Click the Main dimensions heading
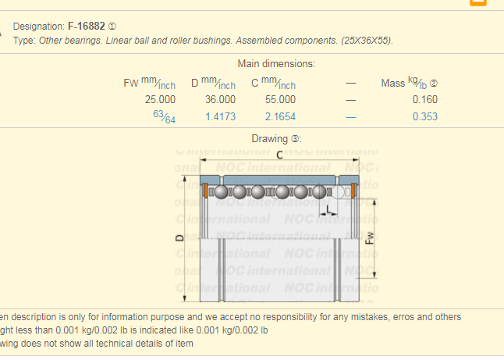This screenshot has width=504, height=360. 275,63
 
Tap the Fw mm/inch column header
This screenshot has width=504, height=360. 149,83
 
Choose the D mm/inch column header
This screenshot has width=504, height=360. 213,83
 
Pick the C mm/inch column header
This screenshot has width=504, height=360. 273,83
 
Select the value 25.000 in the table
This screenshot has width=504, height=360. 160,99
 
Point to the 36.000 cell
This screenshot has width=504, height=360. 220,99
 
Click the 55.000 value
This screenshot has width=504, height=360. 280,99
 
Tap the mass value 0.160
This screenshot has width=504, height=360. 424,99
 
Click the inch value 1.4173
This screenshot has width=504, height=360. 220,116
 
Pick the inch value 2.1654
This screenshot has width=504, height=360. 280,116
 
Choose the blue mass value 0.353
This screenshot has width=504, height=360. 424,116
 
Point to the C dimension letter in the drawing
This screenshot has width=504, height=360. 279,155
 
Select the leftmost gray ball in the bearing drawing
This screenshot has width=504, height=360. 222,191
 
